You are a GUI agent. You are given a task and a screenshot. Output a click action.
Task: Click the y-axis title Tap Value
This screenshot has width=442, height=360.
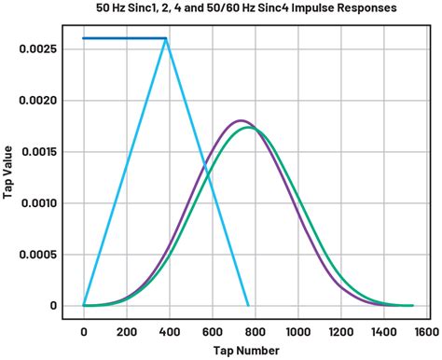click(8, 174)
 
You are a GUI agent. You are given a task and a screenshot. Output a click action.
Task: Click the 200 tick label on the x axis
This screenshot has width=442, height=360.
click(126, 330)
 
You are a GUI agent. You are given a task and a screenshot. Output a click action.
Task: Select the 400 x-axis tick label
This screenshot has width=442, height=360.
click(169, 330)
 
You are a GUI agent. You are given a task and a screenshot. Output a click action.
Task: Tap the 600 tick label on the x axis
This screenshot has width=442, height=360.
click(212, 330)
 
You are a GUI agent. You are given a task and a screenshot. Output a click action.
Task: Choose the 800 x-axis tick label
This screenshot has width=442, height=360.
click(255, 330)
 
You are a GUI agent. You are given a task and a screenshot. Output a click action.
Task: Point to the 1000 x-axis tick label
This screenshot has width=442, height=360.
click(297, 330)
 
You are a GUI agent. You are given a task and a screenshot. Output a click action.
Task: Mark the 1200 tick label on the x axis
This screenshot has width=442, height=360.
click(340, 330)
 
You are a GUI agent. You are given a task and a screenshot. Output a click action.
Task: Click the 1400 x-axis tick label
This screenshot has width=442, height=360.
click(383, 330)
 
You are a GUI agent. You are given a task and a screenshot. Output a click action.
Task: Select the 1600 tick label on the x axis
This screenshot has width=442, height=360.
click(425, 330)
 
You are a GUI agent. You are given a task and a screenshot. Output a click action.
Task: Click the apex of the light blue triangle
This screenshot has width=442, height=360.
click(166, 39)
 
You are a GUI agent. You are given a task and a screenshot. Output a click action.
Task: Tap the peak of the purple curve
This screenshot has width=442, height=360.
click(241, 120)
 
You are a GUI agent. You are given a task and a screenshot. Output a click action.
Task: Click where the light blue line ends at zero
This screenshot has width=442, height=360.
click(248, 305)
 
